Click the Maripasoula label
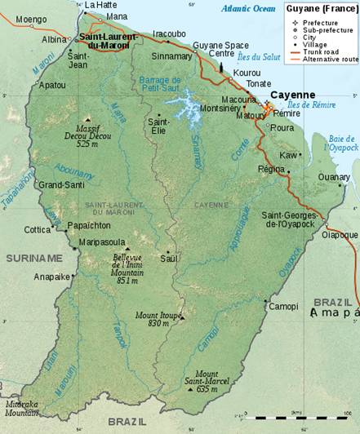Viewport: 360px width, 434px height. tap(103, 242)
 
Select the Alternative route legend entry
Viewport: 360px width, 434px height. tap(336, 60)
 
